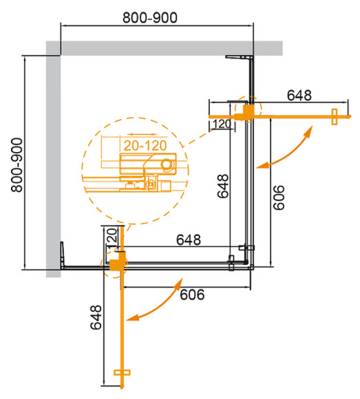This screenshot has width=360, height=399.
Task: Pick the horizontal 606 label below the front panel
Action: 193,295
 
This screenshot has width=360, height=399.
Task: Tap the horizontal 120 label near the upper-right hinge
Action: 221,124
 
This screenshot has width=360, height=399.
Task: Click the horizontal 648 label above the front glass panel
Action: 188,240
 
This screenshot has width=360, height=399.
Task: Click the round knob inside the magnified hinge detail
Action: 168,164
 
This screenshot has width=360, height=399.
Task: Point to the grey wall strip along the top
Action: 165,47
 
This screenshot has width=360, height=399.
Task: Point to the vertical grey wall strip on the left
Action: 53,158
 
